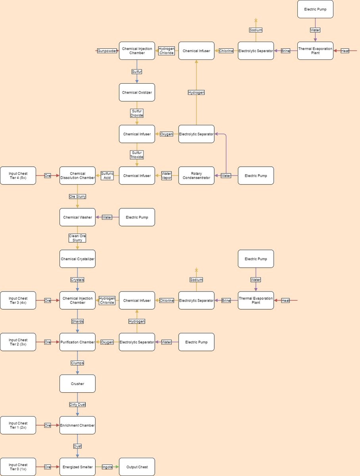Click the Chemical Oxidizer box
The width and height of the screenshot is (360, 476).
coord(137,92)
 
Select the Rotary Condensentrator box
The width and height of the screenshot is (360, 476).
coord(196,176)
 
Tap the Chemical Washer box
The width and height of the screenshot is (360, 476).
coord(77,217)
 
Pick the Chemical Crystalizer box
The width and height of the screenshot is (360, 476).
coord(77,259)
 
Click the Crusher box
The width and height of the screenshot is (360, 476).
coord(77,384)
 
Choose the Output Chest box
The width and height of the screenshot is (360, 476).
coord(137,467)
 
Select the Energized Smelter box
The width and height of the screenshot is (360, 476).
coord(77,467)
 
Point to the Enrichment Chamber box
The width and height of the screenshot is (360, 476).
coord(77,425)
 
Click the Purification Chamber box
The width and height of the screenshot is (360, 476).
coord(77,342)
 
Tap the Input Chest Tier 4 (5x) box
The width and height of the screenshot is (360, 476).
coord(18,176)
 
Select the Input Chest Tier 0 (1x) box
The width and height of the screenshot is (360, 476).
coord(18,467)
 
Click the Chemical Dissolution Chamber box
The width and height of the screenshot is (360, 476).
coord(77,176)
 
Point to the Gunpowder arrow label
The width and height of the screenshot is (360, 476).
coord(107,51)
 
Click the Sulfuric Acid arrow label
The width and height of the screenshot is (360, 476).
coord(107,176)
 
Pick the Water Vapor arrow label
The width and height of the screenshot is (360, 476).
coord(167,176)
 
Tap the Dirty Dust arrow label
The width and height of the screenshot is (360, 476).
coord(77,405)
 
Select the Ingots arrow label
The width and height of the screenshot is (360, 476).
coord(107,467)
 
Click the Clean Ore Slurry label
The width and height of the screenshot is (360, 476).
coord(77,238)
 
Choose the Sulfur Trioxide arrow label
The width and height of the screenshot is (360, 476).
coord(137,155)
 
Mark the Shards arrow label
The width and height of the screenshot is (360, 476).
coord(77,321)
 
